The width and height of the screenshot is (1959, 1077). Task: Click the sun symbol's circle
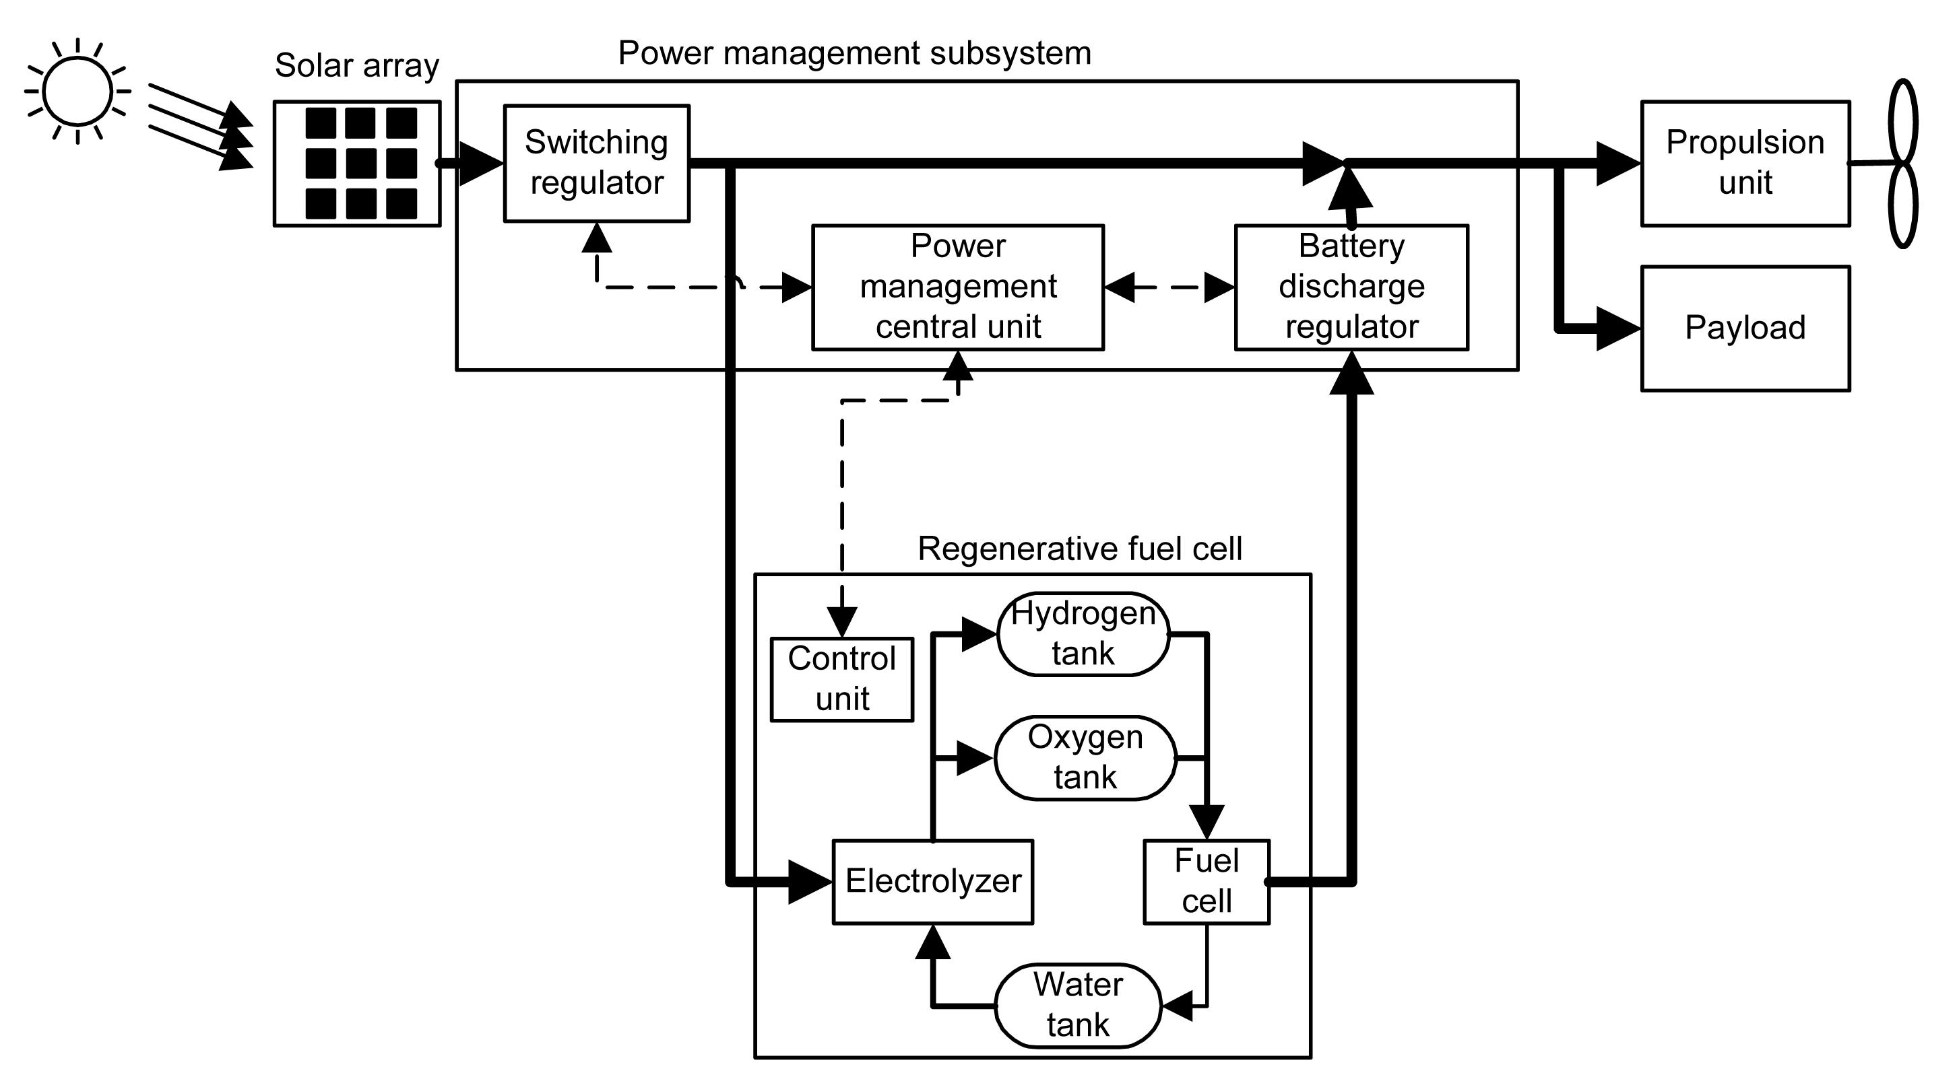[x=77, y=91]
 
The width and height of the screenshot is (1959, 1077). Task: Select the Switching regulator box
[x=596, y=164]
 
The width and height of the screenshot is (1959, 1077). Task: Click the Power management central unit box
[x=957, y=287]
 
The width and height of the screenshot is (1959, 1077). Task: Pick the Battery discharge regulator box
[x=1351, y=287]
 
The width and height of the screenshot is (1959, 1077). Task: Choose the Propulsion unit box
[x=1745, y=164]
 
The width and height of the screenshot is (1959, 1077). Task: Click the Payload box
[x=1745, y=328]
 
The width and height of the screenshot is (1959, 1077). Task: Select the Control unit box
[x=842, y=679]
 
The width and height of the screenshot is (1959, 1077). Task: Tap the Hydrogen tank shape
[x=1083, y=634]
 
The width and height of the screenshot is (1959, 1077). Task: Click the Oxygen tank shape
[x=1085, y=758]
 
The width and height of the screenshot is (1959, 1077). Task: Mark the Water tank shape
[x=1078, y=1006]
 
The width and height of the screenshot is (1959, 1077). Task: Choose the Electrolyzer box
[x=932, y=882]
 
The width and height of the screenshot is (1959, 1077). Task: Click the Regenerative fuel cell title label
[x=1079, y=549]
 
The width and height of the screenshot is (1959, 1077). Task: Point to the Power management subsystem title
[x=854, y=53]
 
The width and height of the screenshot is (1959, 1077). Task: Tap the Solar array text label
[x=356, y=65]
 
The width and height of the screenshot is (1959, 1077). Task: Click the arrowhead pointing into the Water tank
[x=1178, y=1006]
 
